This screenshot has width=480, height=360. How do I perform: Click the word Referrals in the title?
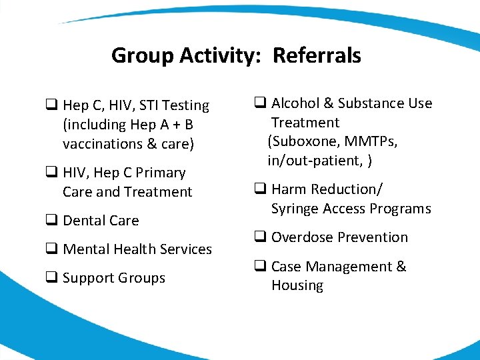point(317,55)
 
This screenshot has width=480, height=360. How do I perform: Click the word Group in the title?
point(142,55)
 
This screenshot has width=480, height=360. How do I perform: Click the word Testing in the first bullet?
point(186,105)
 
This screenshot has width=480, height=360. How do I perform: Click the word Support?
point(87,278)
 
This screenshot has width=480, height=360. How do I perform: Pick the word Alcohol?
point(295,103)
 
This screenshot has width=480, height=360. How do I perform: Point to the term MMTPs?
point(374,141)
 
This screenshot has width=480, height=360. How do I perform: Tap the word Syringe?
point(295,209)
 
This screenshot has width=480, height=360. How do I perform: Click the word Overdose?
point(301,237)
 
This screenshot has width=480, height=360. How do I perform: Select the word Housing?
point(297,285)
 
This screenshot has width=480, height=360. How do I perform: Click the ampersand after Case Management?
point(401,267)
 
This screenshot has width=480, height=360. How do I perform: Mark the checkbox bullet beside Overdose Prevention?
point(260,237)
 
